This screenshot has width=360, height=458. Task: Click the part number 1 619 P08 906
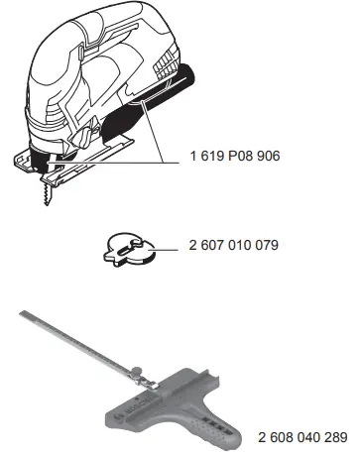(235, 156)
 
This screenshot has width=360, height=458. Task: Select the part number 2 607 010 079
(234, 245)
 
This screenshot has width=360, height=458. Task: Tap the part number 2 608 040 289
(302, 437)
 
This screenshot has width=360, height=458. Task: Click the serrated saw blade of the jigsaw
(47, 195)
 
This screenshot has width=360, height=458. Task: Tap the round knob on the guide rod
(136, 371)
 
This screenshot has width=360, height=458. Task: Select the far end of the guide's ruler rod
(23, 313)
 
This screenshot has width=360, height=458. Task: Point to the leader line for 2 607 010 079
(165, 250)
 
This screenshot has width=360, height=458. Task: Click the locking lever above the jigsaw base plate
(83, 138)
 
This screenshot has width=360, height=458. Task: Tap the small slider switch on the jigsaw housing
(80, 53)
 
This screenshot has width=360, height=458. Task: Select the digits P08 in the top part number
(240, 156)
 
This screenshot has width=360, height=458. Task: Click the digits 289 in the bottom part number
(335, 437)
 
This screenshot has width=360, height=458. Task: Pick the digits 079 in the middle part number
(267, 245)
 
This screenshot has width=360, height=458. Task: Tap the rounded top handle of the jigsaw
(99, 27)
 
